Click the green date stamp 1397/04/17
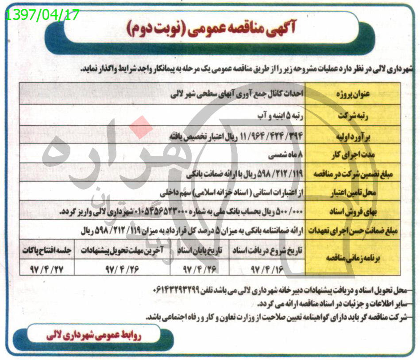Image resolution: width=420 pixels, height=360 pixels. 42,15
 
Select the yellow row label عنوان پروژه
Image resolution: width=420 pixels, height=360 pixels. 354,94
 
